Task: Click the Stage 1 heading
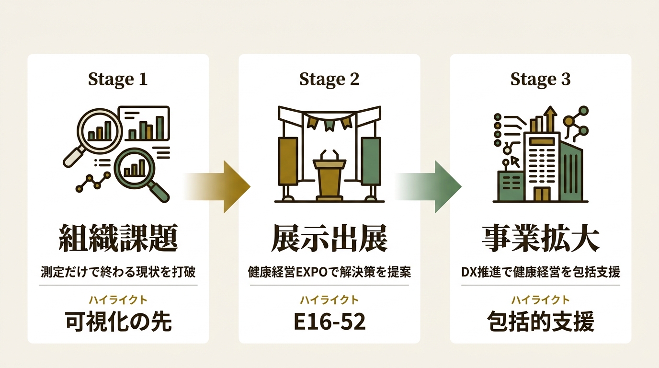[118, 79]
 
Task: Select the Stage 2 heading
[329, 79]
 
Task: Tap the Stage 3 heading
[540, 79]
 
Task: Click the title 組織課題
[118, 238]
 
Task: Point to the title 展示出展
[329, 238]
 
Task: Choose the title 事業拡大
[541, 238]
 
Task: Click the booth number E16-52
[329, 322]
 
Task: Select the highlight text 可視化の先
[118, 322]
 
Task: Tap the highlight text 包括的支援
[541, 322]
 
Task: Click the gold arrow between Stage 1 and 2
[218, 187]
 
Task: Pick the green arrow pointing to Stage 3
[429, 187]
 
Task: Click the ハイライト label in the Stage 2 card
[329, 300]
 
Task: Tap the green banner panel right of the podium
[371, 161]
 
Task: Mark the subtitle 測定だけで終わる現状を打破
[118, 272]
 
